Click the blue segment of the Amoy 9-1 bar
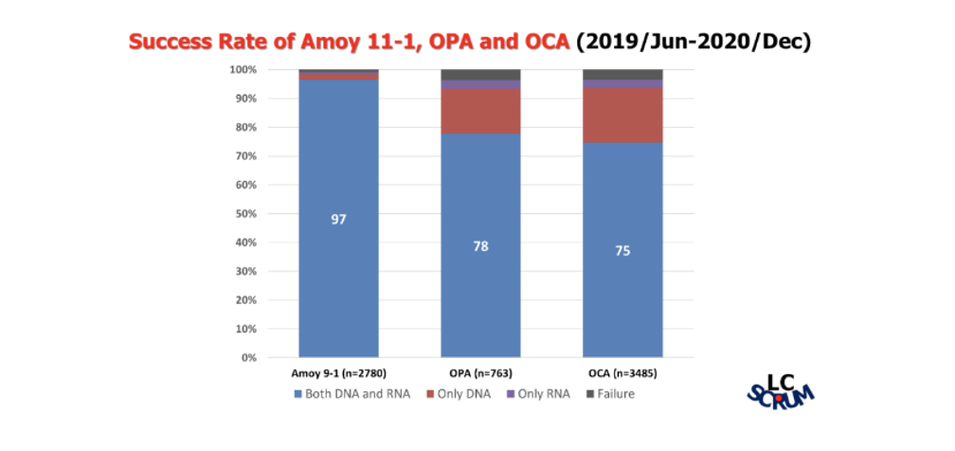(338, 284)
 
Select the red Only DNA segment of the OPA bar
(480, 111)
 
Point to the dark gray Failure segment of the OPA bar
(480, 75)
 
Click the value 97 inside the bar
(338, 220)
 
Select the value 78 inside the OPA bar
(480, 246)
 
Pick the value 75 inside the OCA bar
(622, 251)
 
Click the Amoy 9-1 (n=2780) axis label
(338, 373)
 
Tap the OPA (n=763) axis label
(480, 373)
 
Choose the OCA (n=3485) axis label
(622, 373)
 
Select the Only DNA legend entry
(460, 393)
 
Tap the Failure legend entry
(610, 393)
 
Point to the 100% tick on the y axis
(243, 70)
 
